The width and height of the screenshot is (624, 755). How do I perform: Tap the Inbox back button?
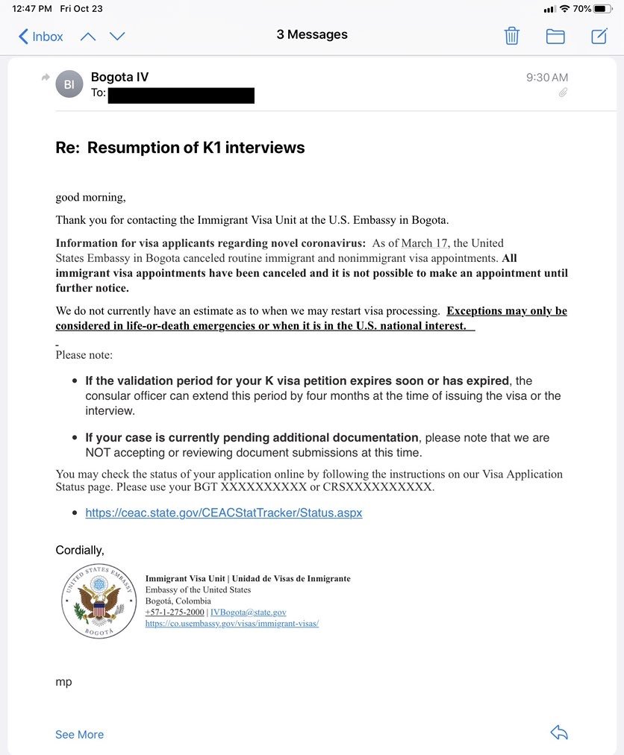coord(40,37)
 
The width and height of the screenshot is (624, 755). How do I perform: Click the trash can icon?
coord(511,36)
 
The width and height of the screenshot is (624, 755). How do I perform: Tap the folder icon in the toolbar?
coord(555,36)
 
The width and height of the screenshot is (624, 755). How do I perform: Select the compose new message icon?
coord(599,36)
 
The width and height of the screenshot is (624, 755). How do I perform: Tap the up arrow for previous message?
coord(88,37)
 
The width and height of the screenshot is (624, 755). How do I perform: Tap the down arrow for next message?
coord(117,37)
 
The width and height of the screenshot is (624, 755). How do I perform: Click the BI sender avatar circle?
coord(69,84)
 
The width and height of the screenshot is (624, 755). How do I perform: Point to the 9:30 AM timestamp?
coord(547,78)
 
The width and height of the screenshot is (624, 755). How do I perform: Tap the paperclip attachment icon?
coord(563,93)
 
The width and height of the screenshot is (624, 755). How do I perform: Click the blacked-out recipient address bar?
coord(181,95)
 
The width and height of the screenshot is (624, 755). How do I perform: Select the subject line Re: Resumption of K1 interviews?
coord(180,148)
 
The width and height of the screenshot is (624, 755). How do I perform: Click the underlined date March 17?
coord(425,243)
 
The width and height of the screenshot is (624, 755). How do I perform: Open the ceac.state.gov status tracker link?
coord(224,513)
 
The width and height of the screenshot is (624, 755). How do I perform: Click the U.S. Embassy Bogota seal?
coord(99,601)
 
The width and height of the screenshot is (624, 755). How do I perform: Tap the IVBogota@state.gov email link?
coord(249,613)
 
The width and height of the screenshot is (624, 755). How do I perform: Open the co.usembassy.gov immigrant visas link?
coord(232,624)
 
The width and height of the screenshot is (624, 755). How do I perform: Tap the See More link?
coord(79,735)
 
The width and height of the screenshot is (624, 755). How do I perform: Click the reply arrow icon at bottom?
coord(559,733)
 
